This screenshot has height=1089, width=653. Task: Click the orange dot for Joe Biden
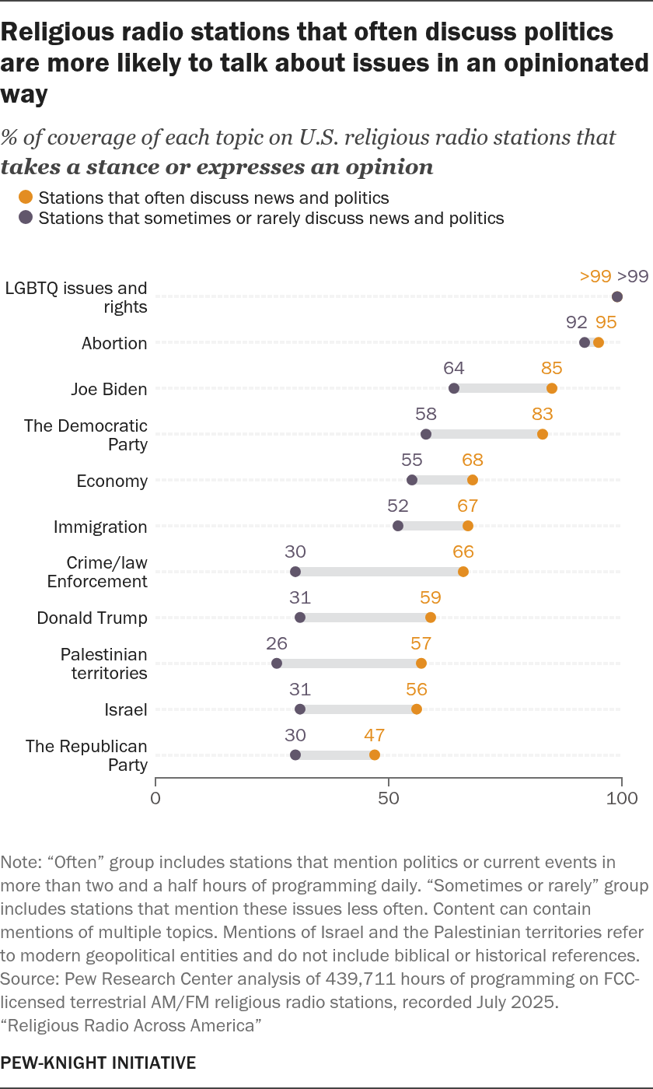click(552, 388)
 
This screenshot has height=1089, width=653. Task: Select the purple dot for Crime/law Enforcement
click(295, 572)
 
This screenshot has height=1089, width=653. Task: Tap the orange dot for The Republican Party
click(375, 755)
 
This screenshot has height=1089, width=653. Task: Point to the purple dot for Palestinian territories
click(277, 664)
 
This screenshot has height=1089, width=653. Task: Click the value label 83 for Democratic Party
click(543, 414)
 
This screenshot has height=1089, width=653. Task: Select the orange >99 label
click(595, 276)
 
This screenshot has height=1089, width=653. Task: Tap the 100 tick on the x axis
click(622, 798)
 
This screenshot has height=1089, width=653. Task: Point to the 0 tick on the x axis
click(155, 798)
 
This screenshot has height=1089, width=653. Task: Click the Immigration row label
click(100, 527)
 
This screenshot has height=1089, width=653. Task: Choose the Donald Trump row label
click(93, 618)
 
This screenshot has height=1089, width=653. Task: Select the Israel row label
click(126, 709)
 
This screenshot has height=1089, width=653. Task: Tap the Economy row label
click(112, 481)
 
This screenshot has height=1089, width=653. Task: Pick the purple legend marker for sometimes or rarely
click(26, 218)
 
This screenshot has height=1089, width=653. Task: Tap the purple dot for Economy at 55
click(412, 480)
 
